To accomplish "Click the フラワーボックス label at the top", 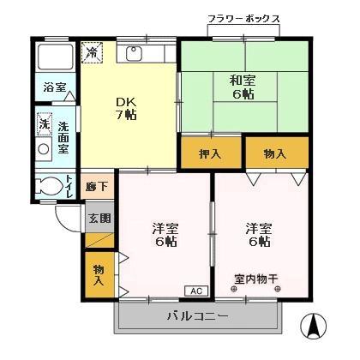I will point(243,19).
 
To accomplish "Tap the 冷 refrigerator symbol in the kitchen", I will point(92,53).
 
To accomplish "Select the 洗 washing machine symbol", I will point(44,124).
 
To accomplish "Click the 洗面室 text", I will point(64,137).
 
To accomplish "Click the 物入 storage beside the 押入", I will point(274,154).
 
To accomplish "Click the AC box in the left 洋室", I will point(195,291).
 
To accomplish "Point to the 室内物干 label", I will point(257,279).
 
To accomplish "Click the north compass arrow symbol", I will point(313,326).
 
